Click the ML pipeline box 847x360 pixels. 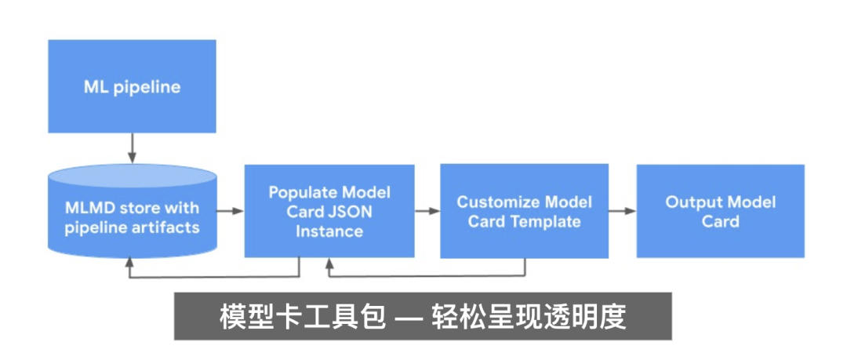coord(132,86)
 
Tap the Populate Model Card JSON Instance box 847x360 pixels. coord(329,210)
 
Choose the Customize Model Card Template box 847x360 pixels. coord(524,210)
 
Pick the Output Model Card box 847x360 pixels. coord(720,210)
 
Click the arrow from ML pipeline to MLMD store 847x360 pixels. coord(132,148)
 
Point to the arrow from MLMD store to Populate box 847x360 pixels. coord(229,211)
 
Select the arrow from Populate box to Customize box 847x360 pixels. coord(427,211)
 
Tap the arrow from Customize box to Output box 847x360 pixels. coord(622,211)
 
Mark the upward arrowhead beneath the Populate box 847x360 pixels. coord(329,264)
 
